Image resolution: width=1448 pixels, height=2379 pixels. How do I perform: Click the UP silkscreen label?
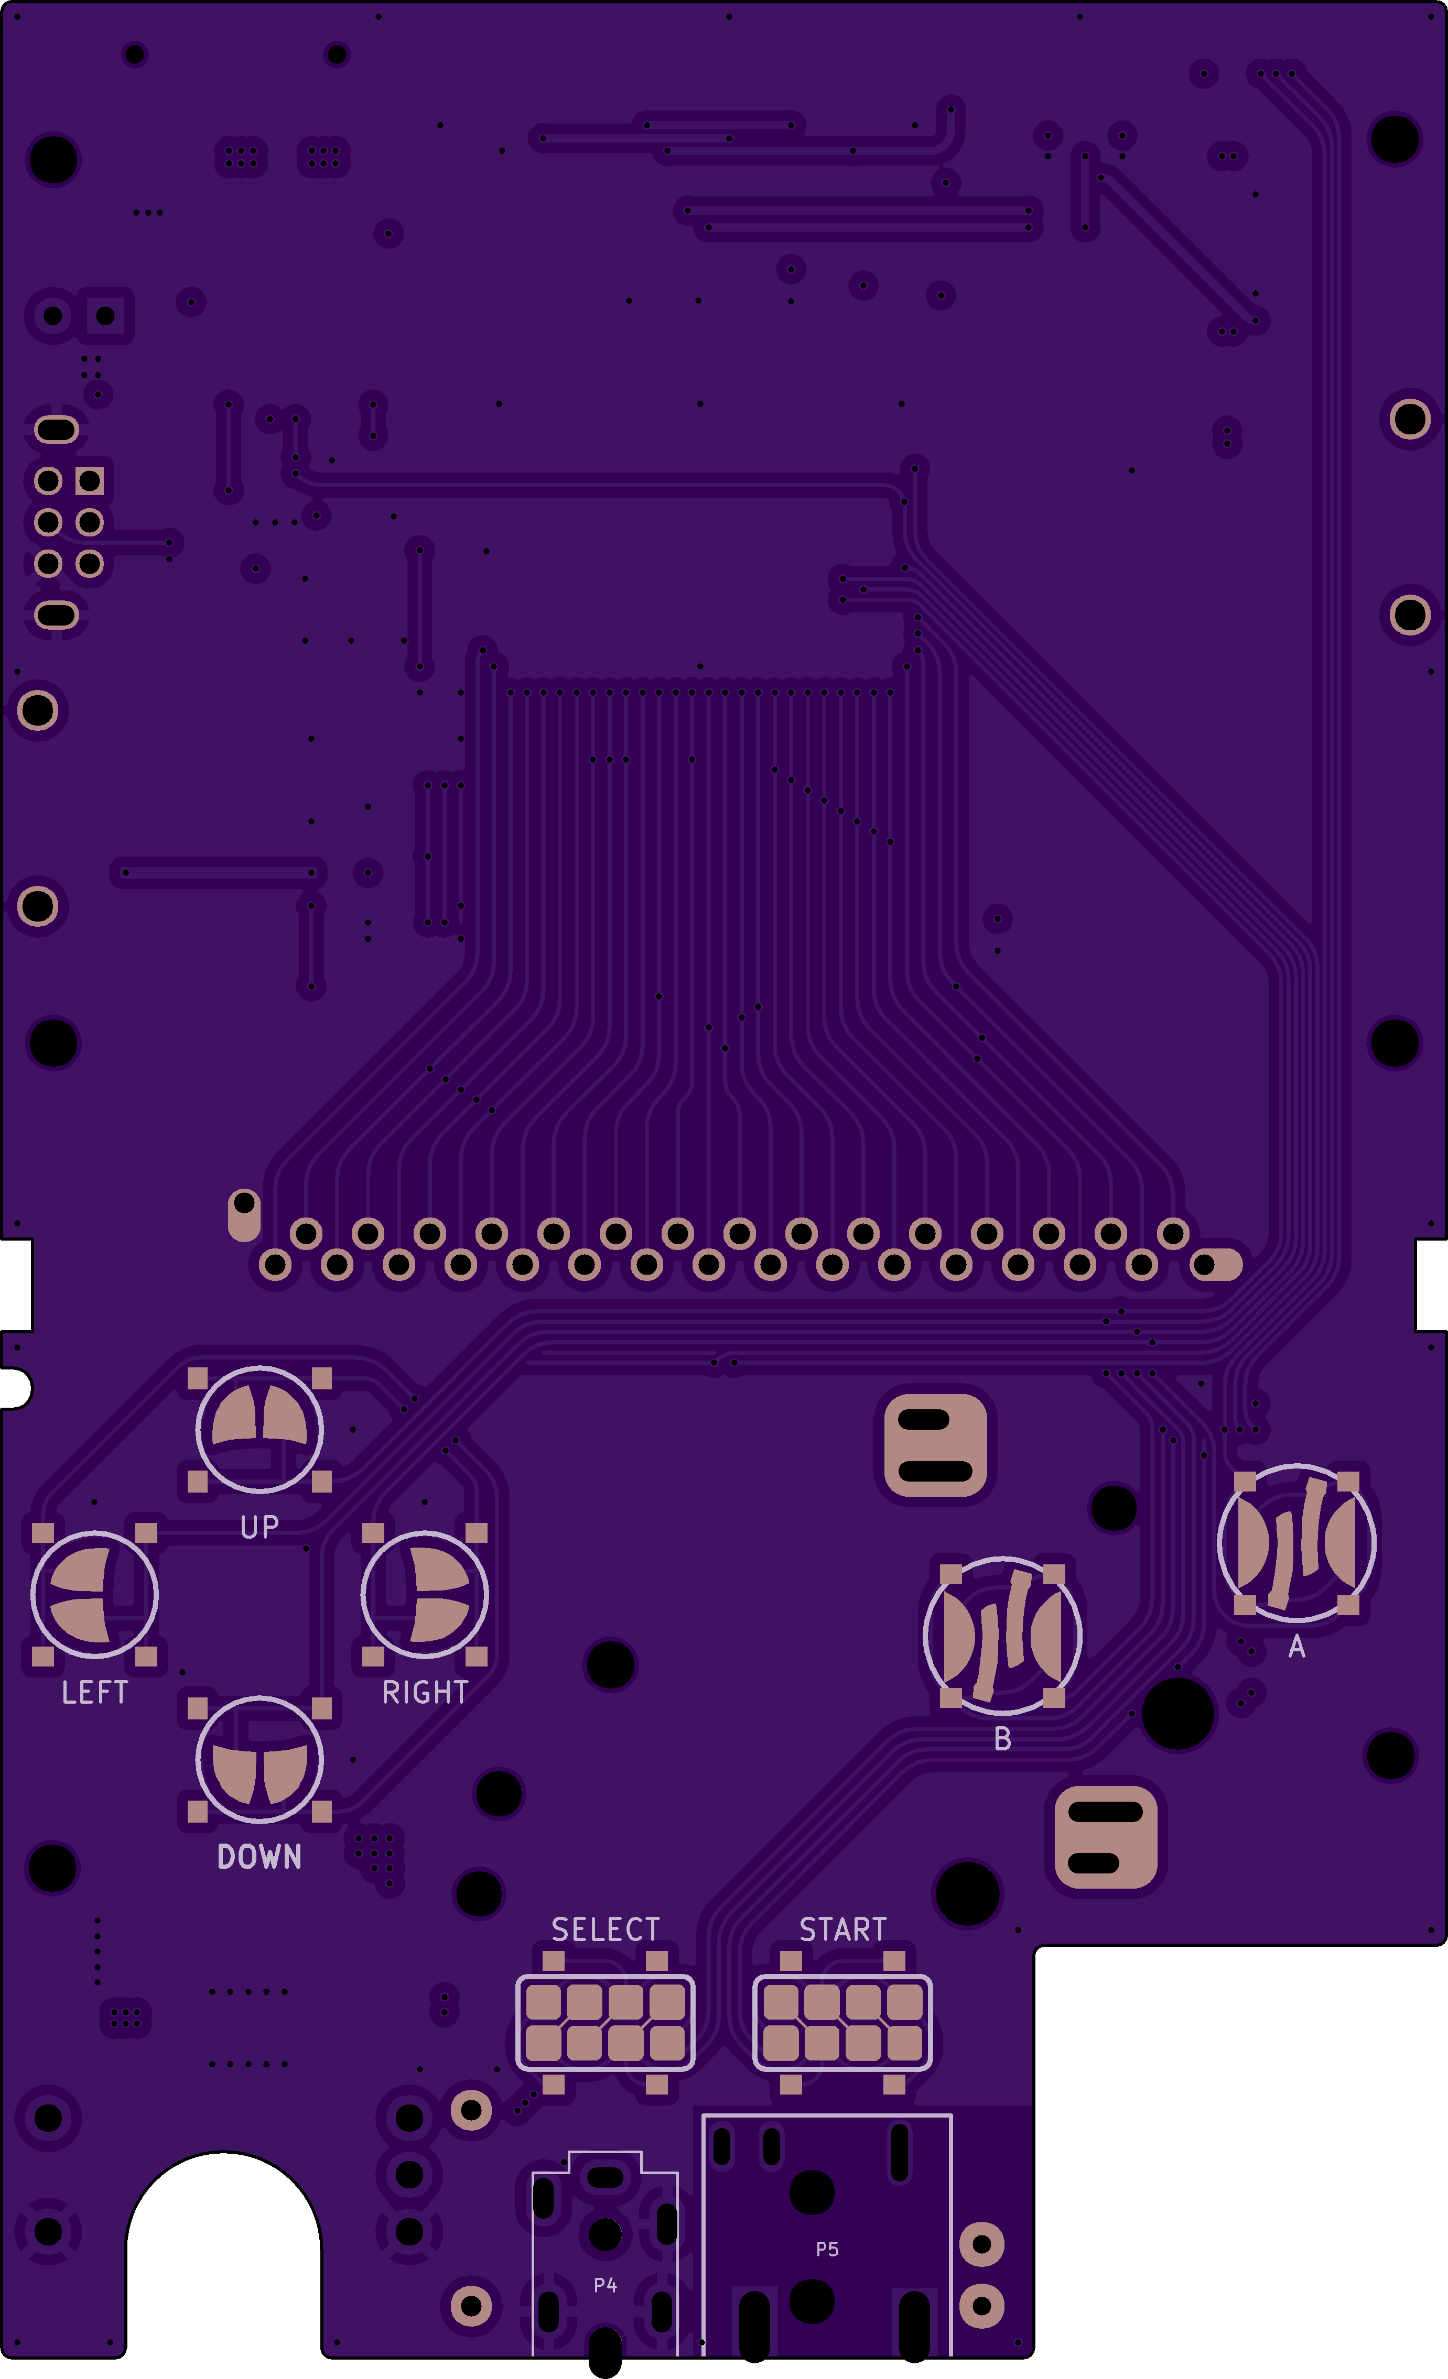tap(259, 1527)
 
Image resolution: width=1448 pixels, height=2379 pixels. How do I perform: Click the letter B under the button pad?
tap(1003, 1739)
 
